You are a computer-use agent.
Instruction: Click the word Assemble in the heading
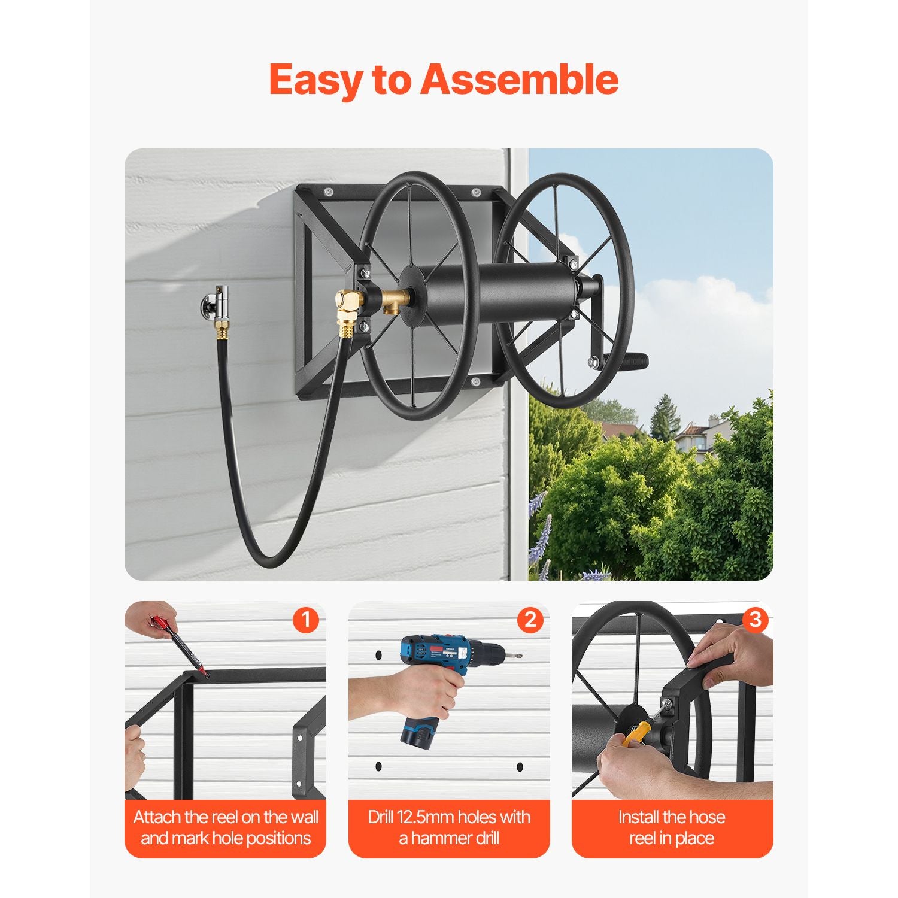[x=520, y=80]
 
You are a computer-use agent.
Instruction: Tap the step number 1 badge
[x=306, y=620]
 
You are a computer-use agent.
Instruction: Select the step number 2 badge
[x=530, y=620]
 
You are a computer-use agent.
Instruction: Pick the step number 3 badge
[x=755, y=620]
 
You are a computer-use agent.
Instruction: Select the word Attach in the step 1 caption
[x=157, y=817]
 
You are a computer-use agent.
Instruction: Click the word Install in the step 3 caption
[x=639, y=817]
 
